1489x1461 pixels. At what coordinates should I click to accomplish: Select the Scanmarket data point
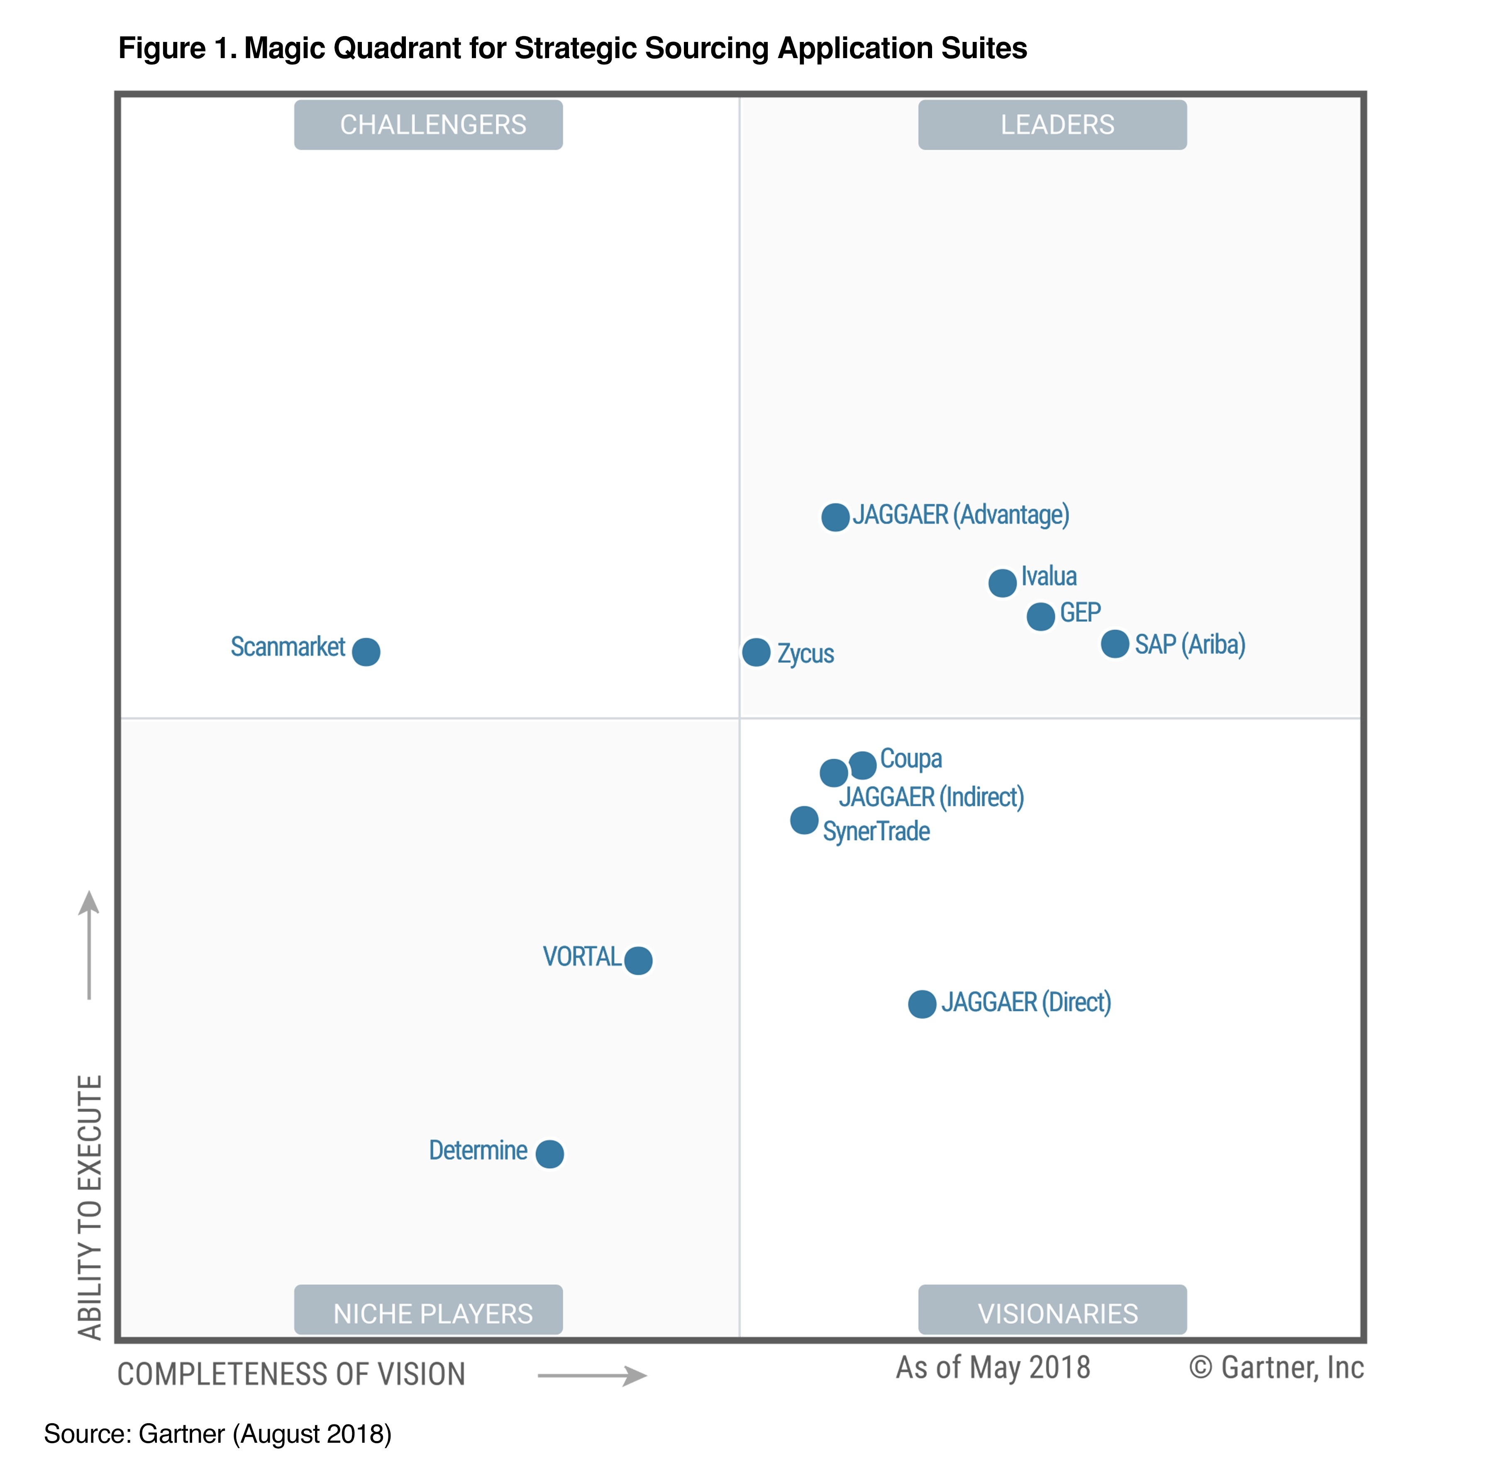pyautogui.click(x=366, y=652)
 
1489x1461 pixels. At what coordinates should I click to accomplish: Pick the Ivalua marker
pyautogui.click(x=1002, y=583)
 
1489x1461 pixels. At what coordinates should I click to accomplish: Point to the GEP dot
pyautogui.click(x=1040, y=616)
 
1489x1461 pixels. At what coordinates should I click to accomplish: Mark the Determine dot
pyautogui.click(x=549, y=1153)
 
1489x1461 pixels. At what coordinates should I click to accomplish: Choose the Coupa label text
pyautogui.click(x=910, y=758)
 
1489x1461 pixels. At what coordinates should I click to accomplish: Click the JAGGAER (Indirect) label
pyautogui.click(x=931, y=796)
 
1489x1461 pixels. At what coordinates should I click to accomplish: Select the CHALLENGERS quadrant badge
pyautogui.click(x=428, y=124)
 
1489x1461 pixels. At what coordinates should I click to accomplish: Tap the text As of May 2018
pyautogui.click(x=993, y=1367)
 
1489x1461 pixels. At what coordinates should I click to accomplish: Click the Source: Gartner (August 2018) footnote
pyautogui.click(x=218, y=1433)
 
